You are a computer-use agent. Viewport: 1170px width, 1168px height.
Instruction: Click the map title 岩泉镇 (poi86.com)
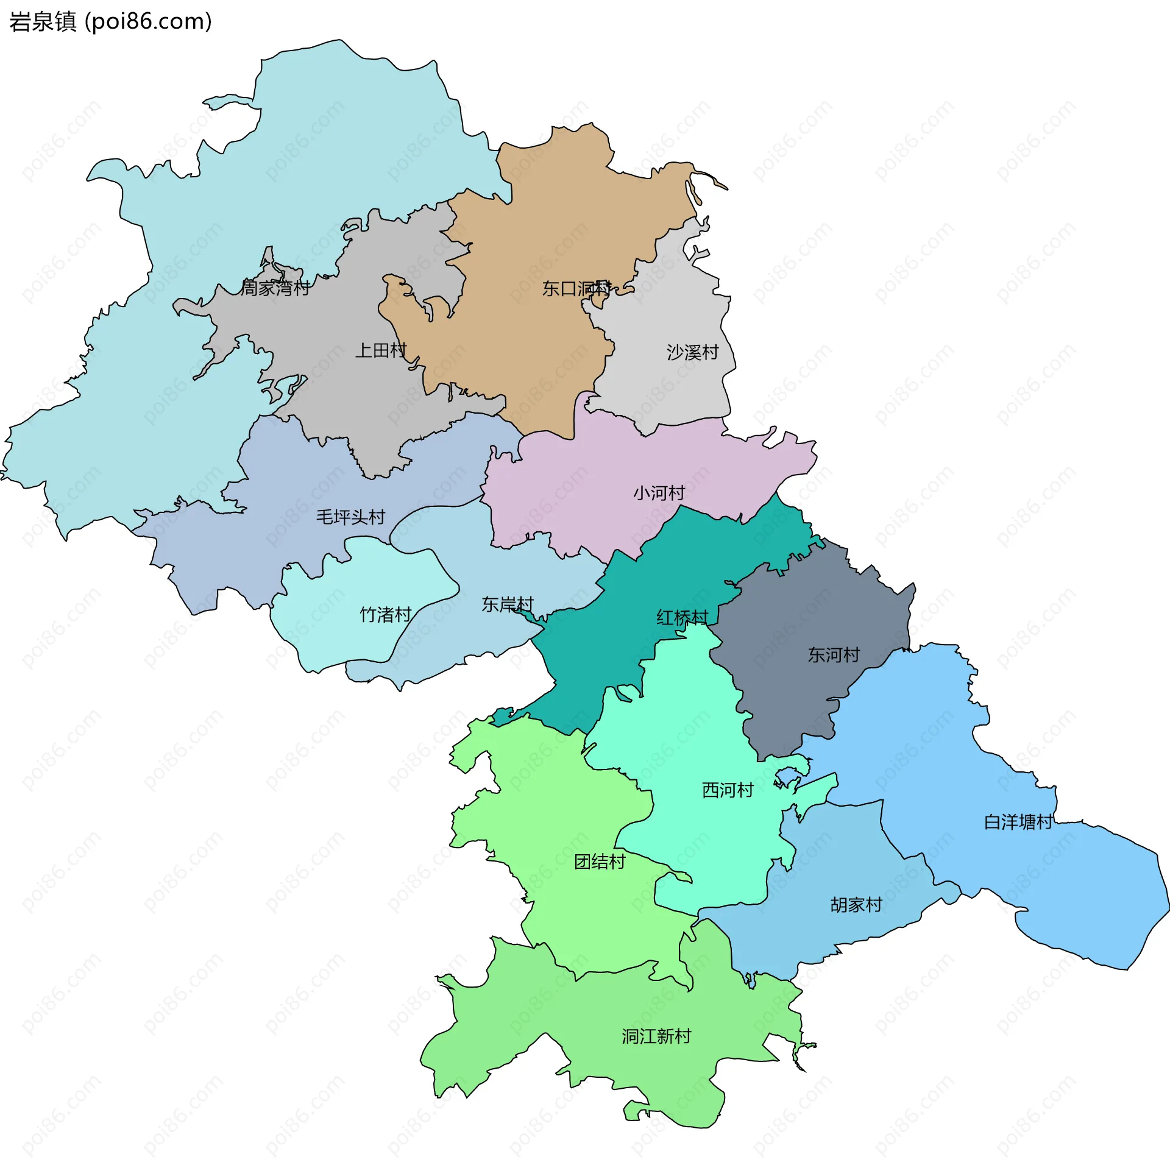(x=110, y=22)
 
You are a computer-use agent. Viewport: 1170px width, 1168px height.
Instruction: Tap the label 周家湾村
(x=275, y=288)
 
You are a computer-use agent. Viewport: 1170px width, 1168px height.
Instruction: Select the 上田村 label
(x=381, y=350)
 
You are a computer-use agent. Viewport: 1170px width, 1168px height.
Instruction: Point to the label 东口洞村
(x=576, y=288)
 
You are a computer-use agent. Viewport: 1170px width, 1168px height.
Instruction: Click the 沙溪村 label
(x=692, y=352)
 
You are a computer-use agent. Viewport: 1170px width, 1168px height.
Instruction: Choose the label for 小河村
(x=659, y=492)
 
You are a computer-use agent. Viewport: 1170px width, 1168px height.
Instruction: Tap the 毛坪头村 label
(x=350, y=517)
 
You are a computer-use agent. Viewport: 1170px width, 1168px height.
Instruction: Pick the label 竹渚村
(x=386, y=614)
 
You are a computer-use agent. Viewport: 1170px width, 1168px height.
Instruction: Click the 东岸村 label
(x=508, y=604)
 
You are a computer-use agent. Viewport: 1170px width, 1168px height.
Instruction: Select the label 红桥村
(x=682, y=618)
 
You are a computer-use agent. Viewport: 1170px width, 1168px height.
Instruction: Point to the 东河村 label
(x=833, y=655)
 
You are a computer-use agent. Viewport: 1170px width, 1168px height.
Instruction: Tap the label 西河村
(x=728, y=790)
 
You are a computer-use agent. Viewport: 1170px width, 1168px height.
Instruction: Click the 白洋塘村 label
(x=1018, y=822)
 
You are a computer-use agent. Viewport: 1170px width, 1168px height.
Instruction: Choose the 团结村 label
(x=600, y=862)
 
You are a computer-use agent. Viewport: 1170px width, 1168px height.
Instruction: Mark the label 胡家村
(x=856, y=905)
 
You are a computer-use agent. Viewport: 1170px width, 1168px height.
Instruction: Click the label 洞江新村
(x=656, y=1036)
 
